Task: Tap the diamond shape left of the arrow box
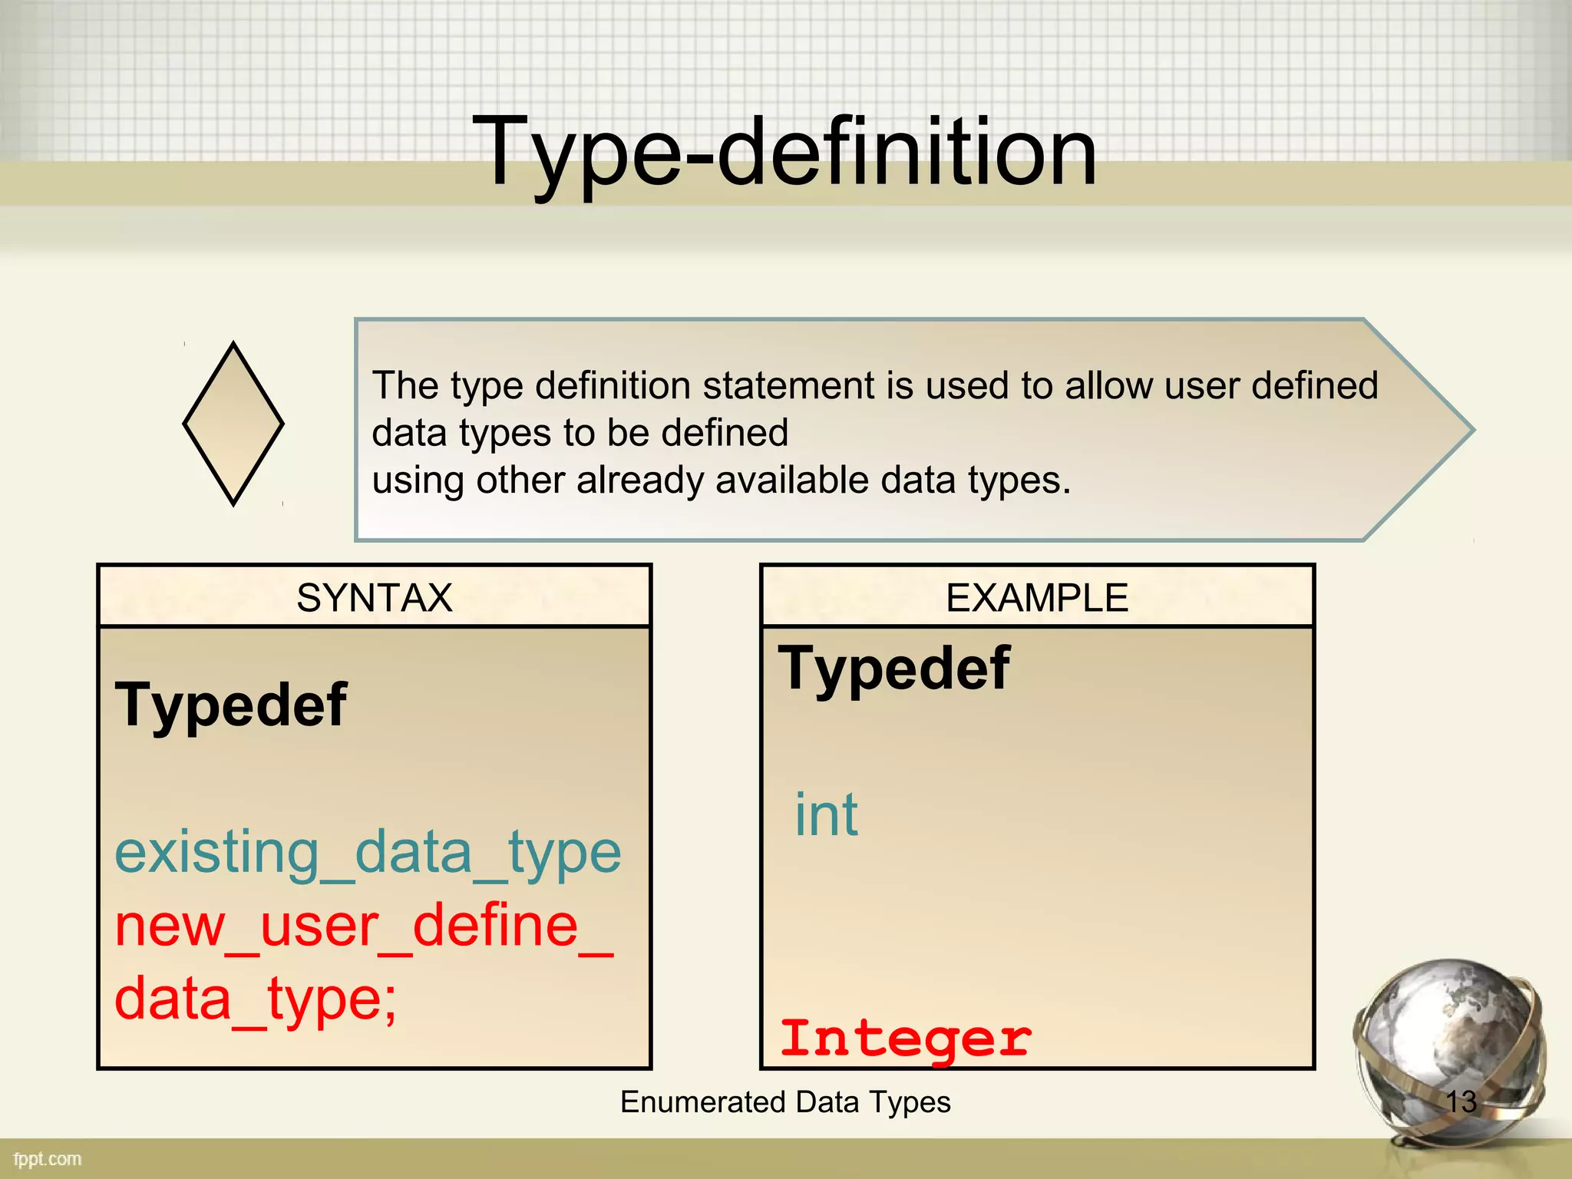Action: [x=233, y=424]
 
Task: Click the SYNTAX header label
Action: [x=375, y=598]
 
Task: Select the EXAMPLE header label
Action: [x=1037, y=598]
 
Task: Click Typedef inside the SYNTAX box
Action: [x=230, y=705]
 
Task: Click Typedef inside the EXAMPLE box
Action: [x=893, y=669]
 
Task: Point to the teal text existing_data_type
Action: [x=368, y=853]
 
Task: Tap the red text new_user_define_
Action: [x=364, y=926]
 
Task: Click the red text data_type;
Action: [x=256, y=999]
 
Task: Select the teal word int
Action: [x=826, y=815]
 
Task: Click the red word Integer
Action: [x=906, y=1038]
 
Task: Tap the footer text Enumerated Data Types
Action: [x=785, y=1102]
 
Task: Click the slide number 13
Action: [x=1461, y=1102]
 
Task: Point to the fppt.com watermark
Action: [x=48, y=1159]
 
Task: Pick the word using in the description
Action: [x=418, y=481]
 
